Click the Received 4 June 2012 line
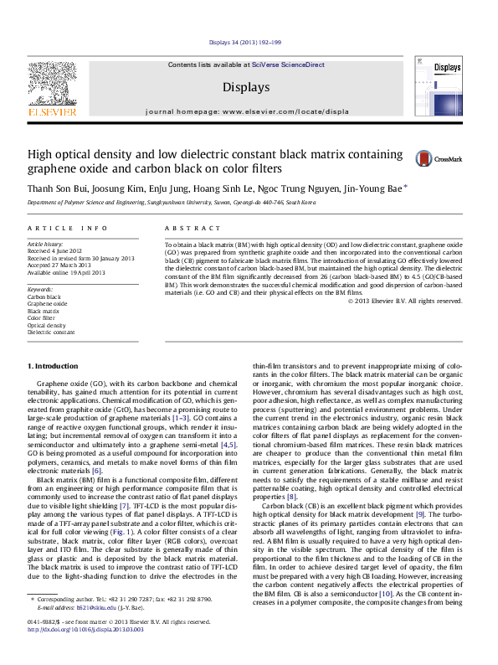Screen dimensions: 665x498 pos(55,250)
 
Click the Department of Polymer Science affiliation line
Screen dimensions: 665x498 pos(171,203)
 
